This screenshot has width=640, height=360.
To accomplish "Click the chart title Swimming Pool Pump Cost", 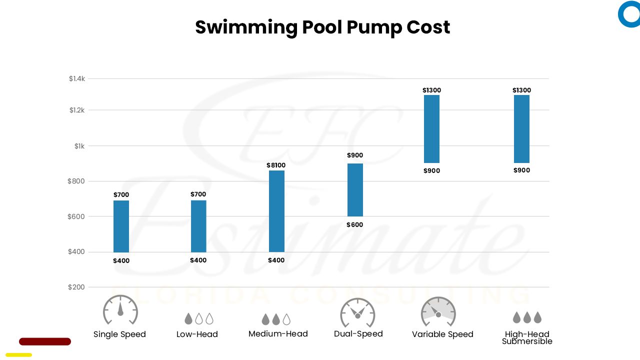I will [x=322, y=27].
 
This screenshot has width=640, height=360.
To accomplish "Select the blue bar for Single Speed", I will [x=121, y=226].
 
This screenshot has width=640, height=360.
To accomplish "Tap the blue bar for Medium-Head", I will [x=276, y=211].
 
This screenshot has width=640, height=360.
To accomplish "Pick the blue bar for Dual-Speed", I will [x=355, y=190].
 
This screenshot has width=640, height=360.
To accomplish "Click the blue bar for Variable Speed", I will [x=431, y=129].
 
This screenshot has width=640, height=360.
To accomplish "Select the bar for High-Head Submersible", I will [x=521, y=129].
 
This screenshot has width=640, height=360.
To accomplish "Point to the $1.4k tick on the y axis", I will [x=77, y=78].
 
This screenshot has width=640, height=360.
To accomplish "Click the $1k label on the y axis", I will [x=79, y=146].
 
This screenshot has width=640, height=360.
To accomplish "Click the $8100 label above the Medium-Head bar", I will [x=276, y=165].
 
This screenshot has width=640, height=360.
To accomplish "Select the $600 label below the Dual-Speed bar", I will [x=355, y=225].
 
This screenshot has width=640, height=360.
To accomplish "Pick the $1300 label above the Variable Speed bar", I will [x=431, y=90].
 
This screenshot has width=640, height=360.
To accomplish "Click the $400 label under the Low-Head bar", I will [x=198, y=260].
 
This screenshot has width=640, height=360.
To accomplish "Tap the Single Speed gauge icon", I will [x=120, y=310].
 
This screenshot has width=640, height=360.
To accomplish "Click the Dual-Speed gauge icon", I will [x=357, y=312].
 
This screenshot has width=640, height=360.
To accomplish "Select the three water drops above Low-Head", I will [x=198, y=318].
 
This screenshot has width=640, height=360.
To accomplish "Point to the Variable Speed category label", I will [x=442, y=334].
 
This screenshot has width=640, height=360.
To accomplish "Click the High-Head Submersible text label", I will [x=527, y=337].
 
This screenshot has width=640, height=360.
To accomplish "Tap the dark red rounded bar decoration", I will [x=45, y=341].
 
